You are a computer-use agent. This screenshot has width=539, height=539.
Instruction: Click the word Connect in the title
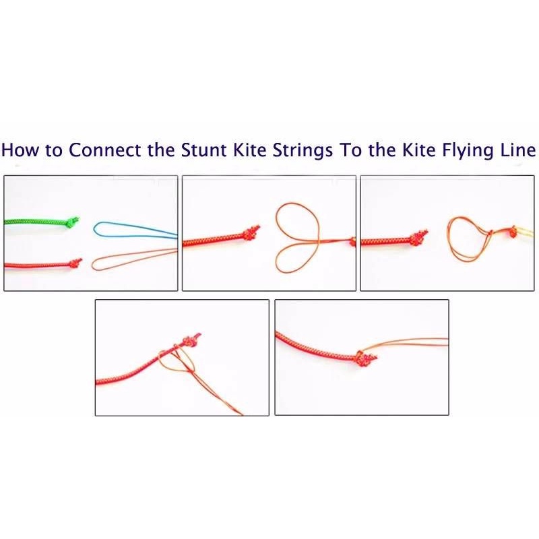[x=105, y=150]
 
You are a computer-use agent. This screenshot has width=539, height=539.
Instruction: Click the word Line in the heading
[x=518, y=150]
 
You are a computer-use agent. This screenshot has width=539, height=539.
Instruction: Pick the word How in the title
[x=20, y=150]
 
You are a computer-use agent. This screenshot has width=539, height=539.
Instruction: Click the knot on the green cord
[x=72, y=222]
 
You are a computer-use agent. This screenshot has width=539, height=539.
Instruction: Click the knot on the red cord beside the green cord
[x=75, y=263]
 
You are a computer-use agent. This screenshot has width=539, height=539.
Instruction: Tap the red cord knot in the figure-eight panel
[x=251, y=233]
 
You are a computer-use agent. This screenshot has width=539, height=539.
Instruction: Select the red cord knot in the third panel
[x=418, y=239]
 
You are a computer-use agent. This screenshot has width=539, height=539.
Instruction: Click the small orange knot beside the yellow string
[x=513, y=232]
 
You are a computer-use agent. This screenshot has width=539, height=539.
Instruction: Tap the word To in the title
[x=350, y=150]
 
